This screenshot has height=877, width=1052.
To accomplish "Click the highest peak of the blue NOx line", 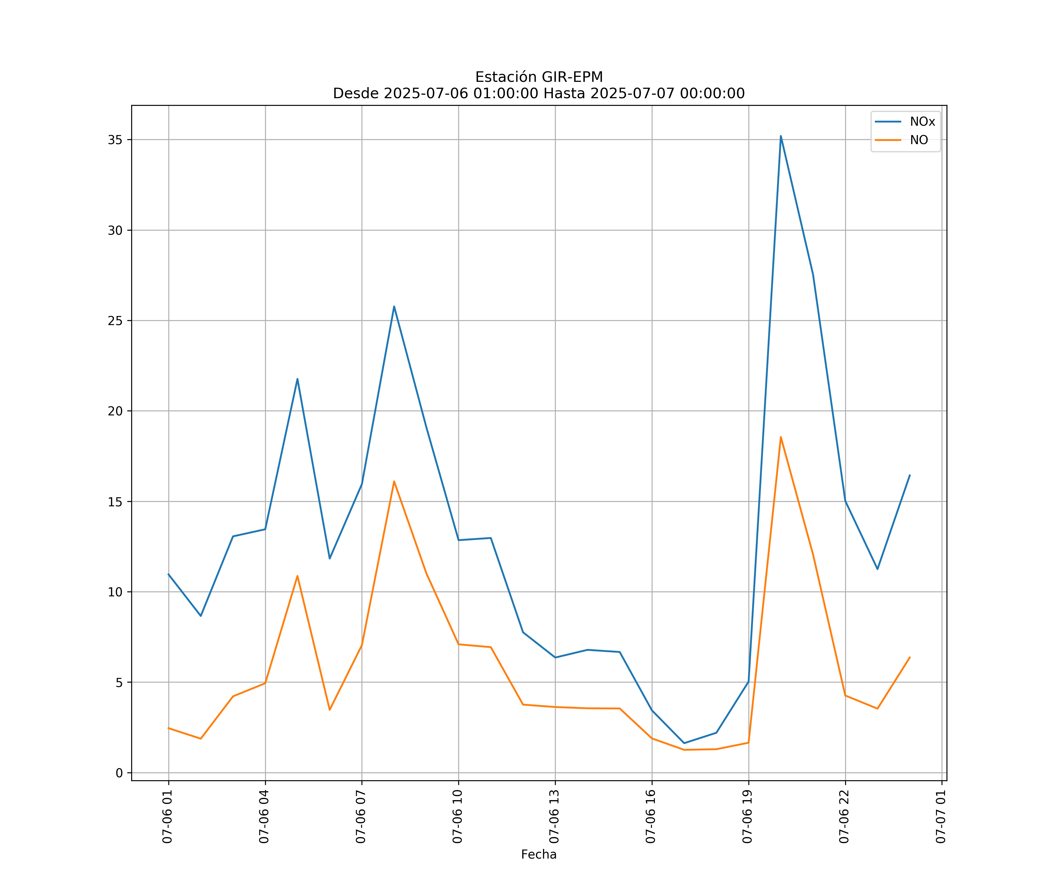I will pos(781,136).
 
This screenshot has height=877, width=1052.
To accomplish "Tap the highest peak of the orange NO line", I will pos(781,437).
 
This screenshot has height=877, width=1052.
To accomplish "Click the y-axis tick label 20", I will pos(115,411).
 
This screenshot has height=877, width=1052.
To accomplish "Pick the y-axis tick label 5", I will pos(119,683).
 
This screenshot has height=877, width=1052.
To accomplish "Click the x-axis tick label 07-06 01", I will pos(167,816).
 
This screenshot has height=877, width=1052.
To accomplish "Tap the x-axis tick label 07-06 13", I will pos(554,816).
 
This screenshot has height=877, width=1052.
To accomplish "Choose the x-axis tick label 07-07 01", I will pos(941,816).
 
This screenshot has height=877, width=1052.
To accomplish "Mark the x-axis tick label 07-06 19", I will pos(748,816).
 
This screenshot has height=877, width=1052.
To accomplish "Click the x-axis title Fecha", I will pos(539,854).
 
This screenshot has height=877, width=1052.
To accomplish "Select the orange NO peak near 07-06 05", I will pos(297,576).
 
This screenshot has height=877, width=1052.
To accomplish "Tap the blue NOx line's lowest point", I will pos(684,743).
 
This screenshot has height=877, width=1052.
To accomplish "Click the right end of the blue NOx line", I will pos(910,475).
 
